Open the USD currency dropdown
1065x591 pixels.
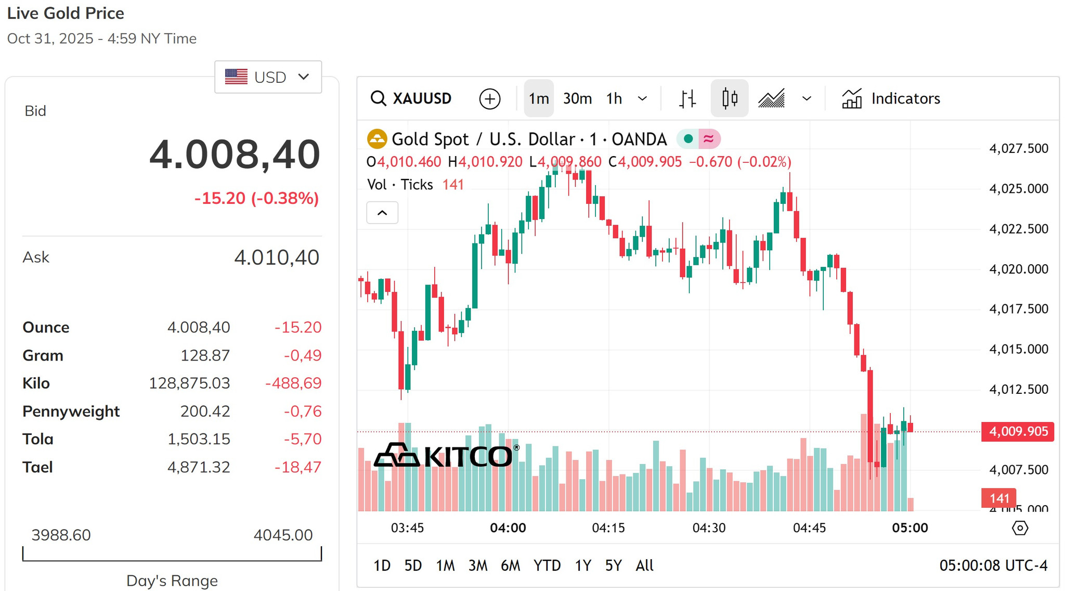[268, 77]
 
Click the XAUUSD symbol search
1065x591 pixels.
[411, 98]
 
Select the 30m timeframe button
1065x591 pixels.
[577, 98]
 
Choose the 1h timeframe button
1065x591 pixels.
[614, 98]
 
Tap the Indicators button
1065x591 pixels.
[891, 98]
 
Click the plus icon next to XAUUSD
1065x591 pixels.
[490, 99]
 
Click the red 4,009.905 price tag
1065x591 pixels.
[1018, 431]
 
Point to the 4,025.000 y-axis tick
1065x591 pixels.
[1019, 188]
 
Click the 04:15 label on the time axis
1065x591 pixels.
[608, 528]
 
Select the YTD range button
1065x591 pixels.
[547, 565]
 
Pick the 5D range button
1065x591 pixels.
[413, 565]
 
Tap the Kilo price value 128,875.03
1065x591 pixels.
[189, 383]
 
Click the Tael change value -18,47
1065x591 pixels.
[298, 467]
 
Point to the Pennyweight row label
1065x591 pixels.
[71, 411]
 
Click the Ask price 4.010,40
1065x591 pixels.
[277, 257]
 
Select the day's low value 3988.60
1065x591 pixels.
[61, 535]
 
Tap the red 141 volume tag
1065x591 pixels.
[998, 498]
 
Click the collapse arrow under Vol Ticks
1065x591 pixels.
[382, 213]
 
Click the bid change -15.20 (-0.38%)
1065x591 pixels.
[257, 198]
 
